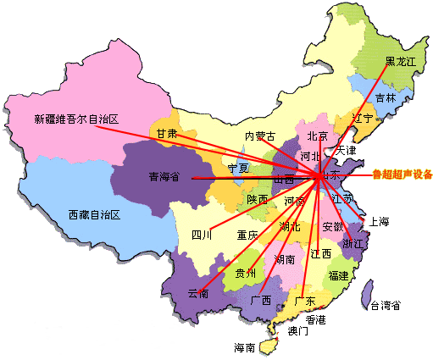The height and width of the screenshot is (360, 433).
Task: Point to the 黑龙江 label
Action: pyautogui.click(x=401, y=62)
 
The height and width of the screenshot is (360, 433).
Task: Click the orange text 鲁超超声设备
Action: pyautogui.click(x=402, y=175)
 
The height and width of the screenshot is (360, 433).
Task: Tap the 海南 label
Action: pyautogui.click(x=246, y=347)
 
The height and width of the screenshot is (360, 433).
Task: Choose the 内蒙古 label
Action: pyautogui.click(x=260, y=136)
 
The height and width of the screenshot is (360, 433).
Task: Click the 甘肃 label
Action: pyautogui.click(x=166, y=134)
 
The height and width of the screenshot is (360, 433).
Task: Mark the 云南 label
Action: pyautogui.click(x=198, y=293)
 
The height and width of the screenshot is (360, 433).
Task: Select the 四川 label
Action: pyautogui.click(x=202, y=235)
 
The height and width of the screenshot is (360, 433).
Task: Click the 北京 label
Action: pyautogui.click(x=317, y=136)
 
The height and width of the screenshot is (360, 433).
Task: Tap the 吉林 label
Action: pyautogui.click(x=386, y=98)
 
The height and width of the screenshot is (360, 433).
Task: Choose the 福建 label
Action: pyautogui.click(x=338, y=276)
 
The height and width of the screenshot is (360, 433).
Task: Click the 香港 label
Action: pyautogui.click(x=315, y=319)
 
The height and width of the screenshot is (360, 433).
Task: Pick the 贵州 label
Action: pyautogui.click(x=246, y=273)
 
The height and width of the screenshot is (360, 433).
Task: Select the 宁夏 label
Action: pyautogui.click(x=240, y=169)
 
